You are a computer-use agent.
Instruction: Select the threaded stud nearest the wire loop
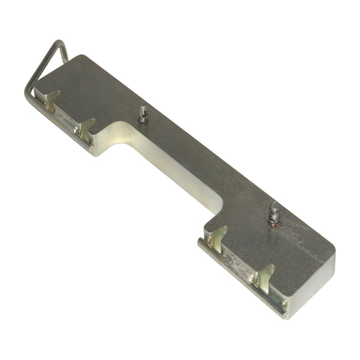[142, 114]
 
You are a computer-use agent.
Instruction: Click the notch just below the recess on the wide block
[214, 238]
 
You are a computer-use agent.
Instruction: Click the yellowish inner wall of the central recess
[172, 169]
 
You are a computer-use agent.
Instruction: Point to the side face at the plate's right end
[311, 289]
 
